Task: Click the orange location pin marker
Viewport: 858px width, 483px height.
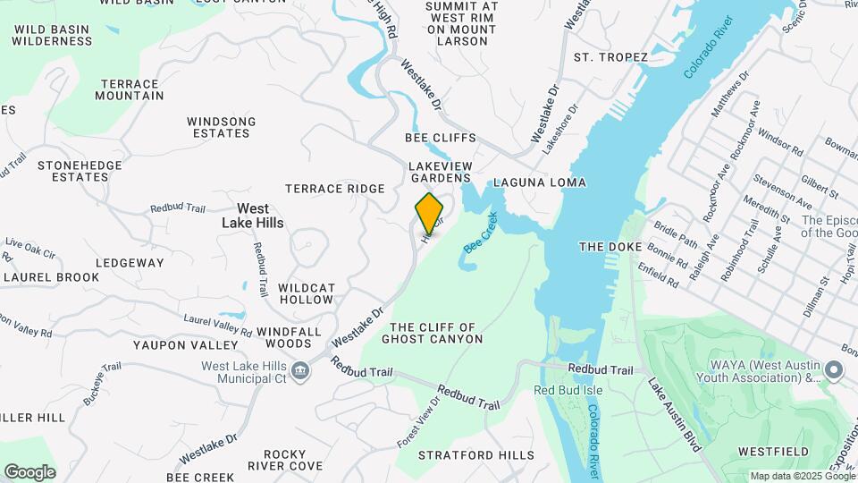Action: [430, 213]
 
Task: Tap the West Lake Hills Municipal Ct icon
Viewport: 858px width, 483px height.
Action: [300, 370]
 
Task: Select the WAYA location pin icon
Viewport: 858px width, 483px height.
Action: [834, 369]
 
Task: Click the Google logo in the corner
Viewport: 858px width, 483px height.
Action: [29, 472]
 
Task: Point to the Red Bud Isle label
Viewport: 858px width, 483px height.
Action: [568, 390]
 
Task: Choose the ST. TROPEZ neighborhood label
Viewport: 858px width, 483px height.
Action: [610, 57]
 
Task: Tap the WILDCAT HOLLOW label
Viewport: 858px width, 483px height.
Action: [306, 293]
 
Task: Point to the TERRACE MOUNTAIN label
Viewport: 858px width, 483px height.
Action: [131, 89]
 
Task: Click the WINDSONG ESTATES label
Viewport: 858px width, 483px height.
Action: [221, 127]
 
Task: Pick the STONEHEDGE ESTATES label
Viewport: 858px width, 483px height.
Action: [73, 171]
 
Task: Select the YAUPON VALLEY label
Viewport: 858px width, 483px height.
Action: [186, 344]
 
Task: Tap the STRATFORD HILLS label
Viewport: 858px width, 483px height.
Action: [476, 455]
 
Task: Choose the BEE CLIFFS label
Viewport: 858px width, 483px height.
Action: [441, 139]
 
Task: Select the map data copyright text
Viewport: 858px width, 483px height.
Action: [802, 476]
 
